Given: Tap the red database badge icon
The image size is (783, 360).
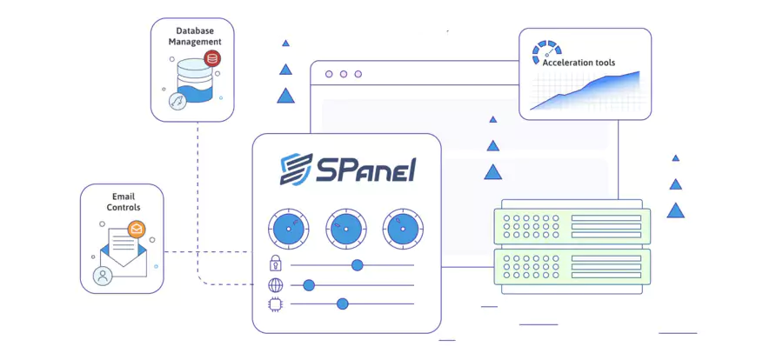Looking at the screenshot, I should [x=211, y=59].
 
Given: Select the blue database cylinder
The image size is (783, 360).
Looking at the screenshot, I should [x=193, y=79].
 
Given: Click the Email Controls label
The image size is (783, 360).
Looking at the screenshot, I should [x=124, y=202].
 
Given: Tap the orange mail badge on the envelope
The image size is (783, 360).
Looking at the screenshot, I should [x=136, y=229].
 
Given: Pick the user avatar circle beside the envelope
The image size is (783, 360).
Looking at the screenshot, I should [x=103, y=277].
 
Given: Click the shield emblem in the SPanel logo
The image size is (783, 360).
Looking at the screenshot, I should [x=296, y=169].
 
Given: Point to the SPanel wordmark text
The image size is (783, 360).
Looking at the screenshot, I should [x=366, y=169].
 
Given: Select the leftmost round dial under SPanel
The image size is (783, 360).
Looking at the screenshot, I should [x=288, y=229].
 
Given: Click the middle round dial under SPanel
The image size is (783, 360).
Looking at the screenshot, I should [x=345, y=229].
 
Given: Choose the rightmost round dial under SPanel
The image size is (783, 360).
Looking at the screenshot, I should [x=403, y=229].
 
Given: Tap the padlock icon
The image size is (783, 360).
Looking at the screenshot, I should [x=276, y=264].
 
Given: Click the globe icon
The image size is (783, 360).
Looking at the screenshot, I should [x=276, y=284].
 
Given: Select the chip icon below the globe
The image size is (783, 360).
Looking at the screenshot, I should [x=276, y=303].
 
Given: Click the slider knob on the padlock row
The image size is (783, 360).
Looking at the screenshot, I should [x=357, y=264].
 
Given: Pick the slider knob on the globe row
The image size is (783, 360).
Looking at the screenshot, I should [x=308, y=284].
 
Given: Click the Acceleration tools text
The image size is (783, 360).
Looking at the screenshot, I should [x=579, y=63].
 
